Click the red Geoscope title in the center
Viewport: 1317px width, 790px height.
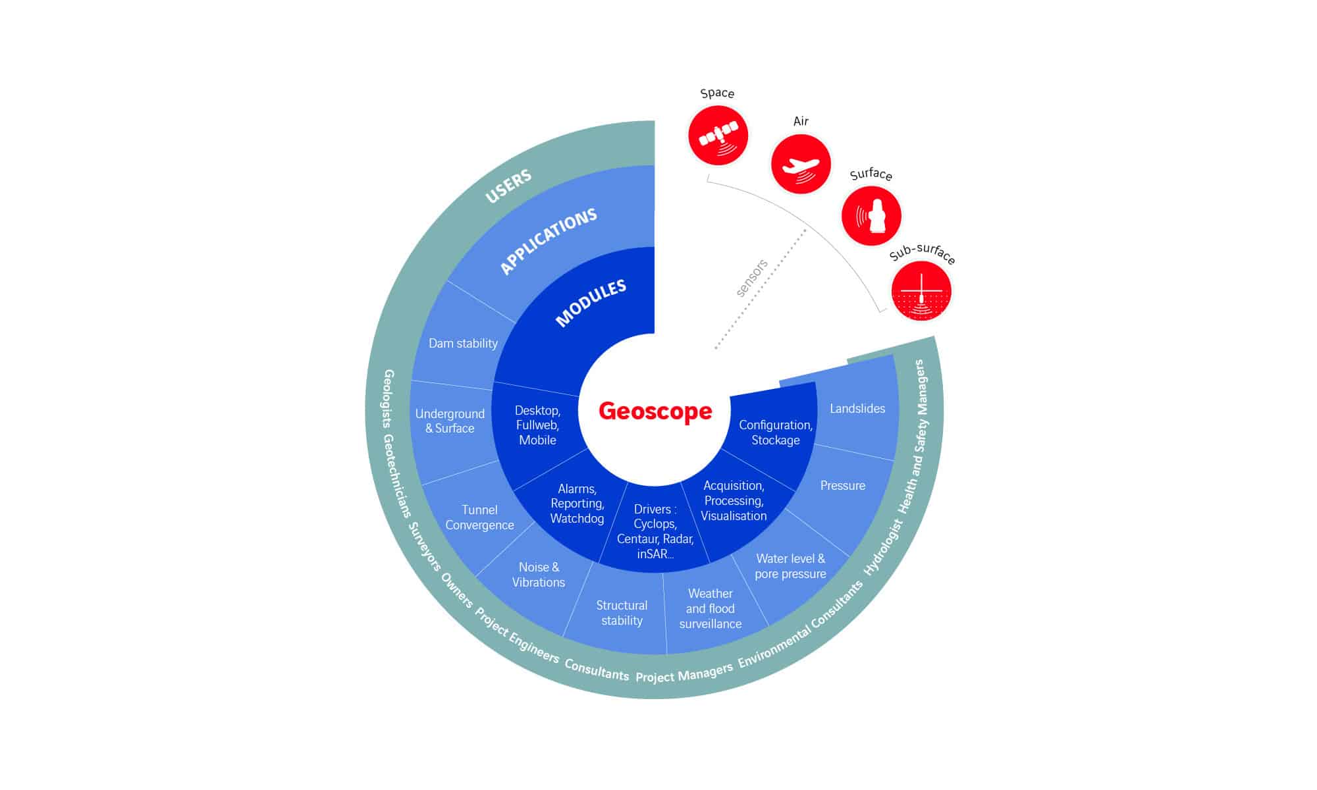click(655, 411)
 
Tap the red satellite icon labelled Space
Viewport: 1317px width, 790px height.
click(718, 136)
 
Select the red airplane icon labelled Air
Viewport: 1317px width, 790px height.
click(801, 164)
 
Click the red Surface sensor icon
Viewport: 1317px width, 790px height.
click(871, 216)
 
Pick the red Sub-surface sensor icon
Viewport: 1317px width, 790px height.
click(921, 291)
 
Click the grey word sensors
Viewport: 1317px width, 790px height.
click(752, 278)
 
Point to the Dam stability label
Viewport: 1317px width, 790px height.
click(463, 343)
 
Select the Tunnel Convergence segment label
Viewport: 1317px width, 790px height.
click(479, 517)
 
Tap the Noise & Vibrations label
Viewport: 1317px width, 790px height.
click(539, 575)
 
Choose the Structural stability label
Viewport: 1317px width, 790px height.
click(622, 613)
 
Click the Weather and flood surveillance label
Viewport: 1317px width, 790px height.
click(711, 608)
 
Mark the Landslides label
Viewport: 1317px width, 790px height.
click(857, 408)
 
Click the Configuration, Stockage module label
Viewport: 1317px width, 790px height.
click(776, 433)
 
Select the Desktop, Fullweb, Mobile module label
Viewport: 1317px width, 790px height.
click(537, 425)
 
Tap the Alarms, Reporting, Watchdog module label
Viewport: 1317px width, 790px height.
click(578, 504)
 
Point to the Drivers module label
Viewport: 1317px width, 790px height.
click(655, 531)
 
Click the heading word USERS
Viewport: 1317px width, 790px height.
click(508, 187)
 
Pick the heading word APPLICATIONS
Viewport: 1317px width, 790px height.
click(549, 242)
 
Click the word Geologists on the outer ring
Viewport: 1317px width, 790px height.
click(389, 399)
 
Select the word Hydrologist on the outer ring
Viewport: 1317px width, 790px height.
click(883, 548)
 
